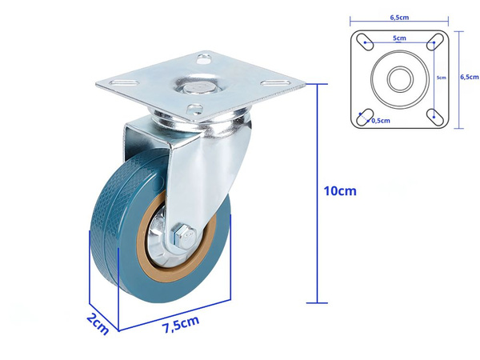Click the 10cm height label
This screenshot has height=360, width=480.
(x=340, y=191)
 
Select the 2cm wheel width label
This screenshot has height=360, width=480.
(x=98, y=324)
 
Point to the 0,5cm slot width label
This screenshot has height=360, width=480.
(x=381, y=121)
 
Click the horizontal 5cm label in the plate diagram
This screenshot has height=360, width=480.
(x=399, y=38)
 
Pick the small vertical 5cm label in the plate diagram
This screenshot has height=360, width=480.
(x=441, y=78)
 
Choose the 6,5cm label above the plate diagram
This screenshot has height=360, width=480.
(x=399, y=18)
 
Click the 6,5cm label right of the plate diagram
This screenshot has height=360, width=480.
(x=470, y=77)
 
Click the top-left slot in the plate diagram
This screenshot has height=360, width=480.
(x=365, y=42)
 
